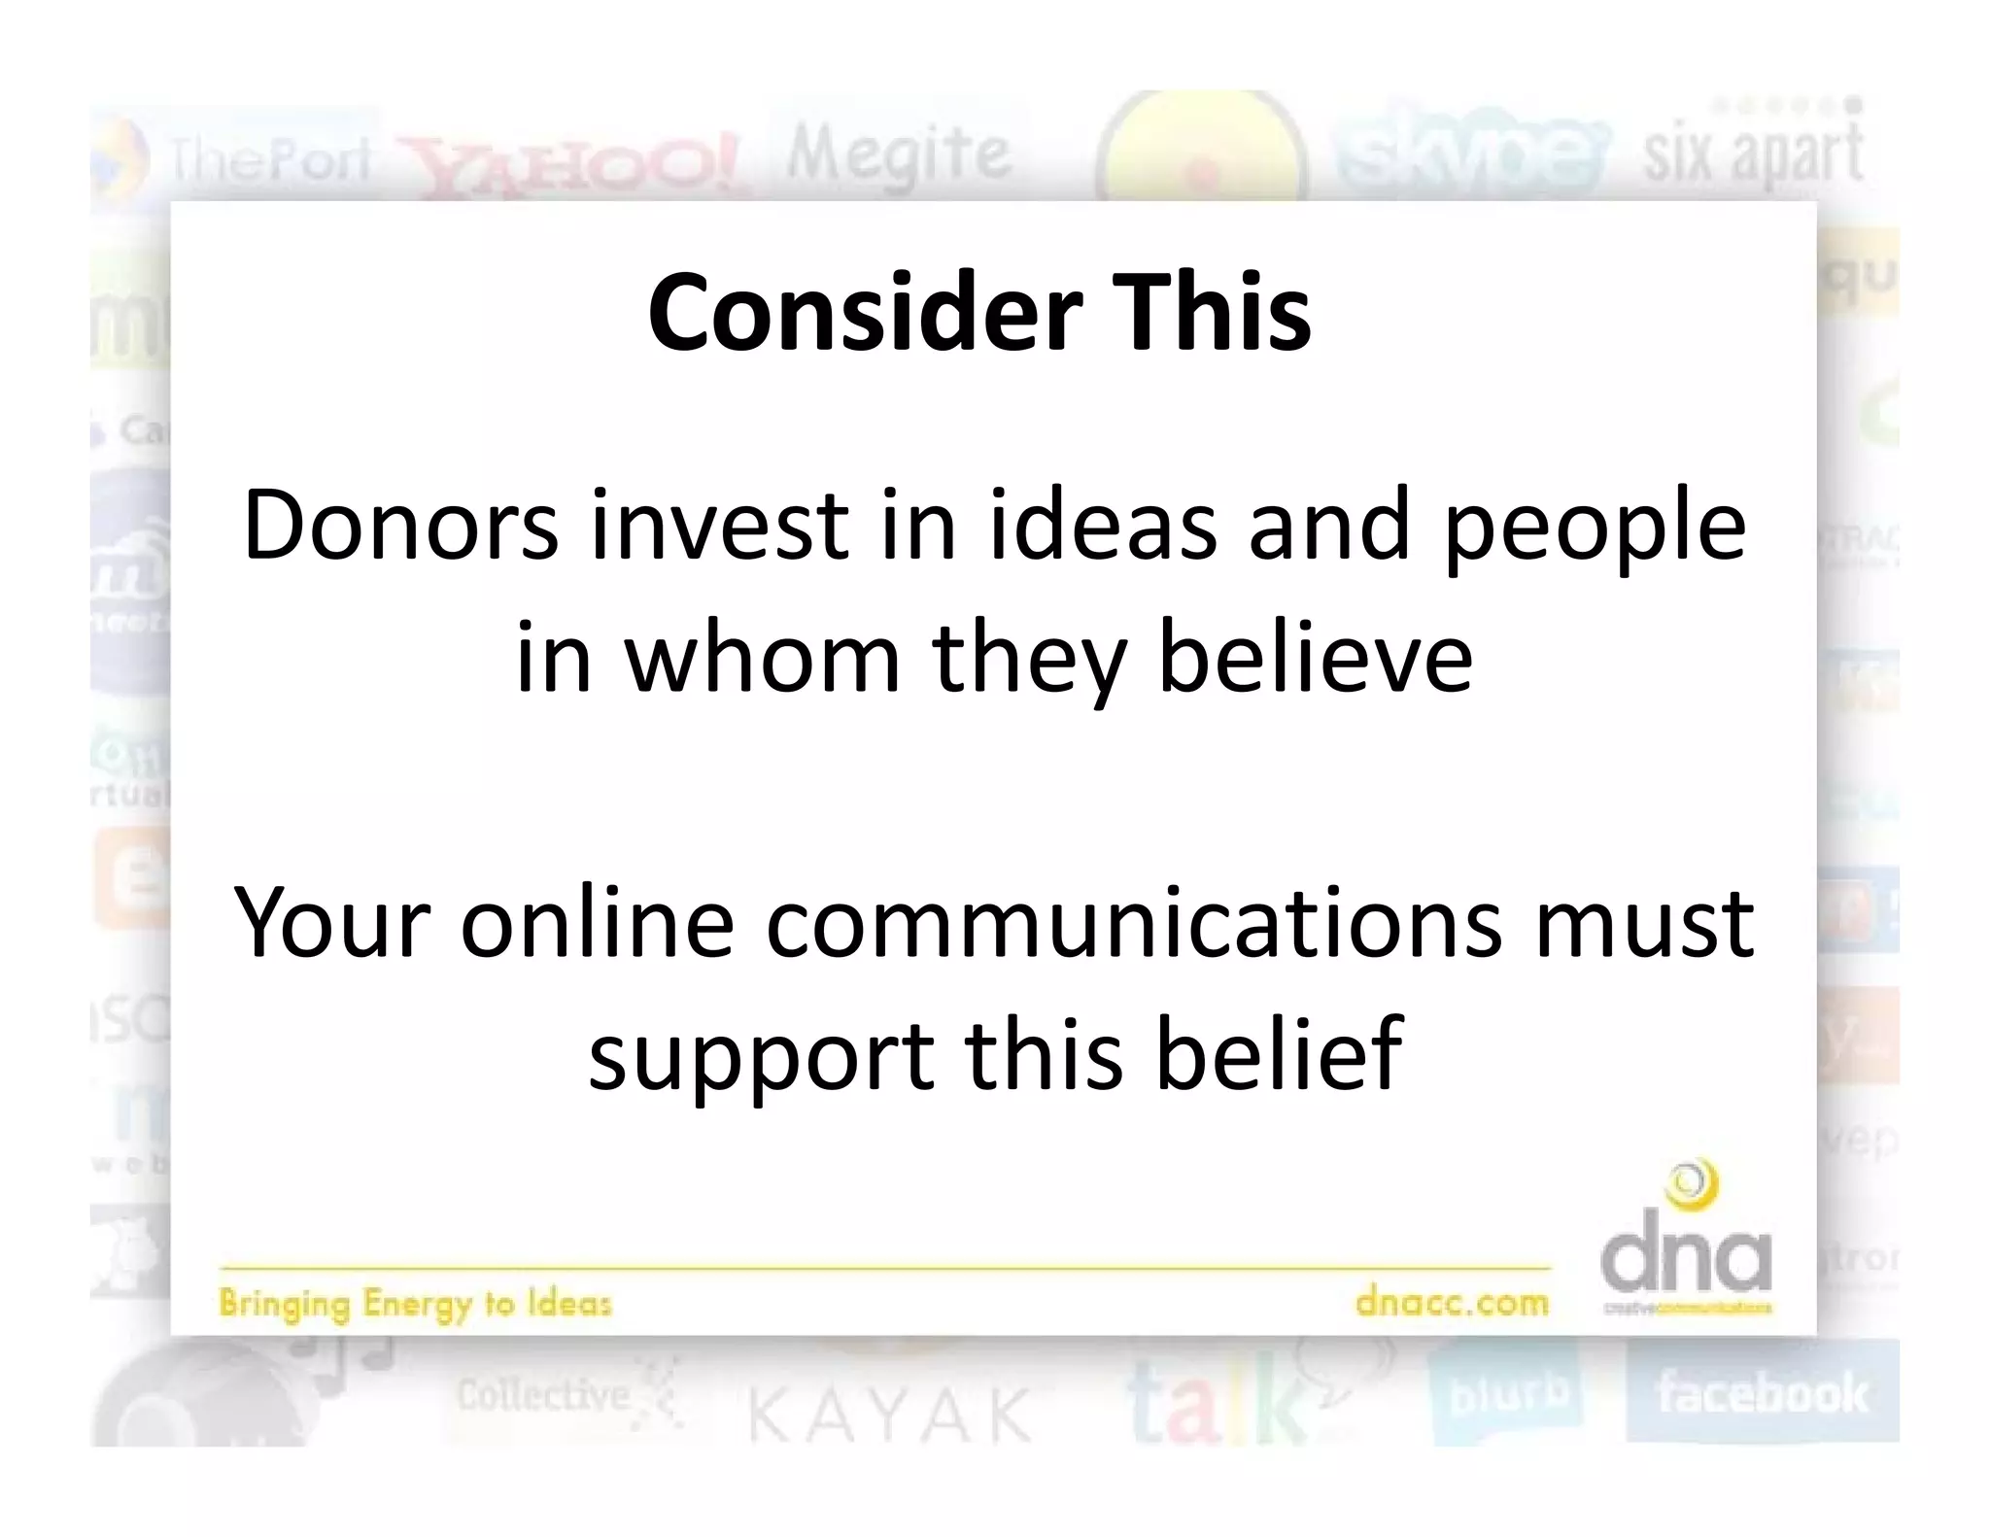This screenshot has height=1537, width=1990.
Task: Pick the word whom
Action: pos(762,658)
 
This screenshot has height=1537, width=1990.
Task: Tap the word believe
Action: pos(1316,658)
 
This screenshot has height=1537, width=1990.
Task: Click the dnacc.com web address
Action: pos(1452,1301)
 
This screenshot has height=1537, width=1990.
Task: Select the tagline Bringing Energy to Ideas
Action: pos(415,1303)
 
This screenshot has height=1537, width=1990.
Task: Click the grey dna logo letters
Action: pos(1686,1258)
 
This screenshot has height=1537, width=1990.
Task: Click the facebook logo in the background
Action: pos(1762,1393)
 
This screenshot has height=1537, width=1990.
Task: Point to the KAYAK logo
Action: pos(889,1415)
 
